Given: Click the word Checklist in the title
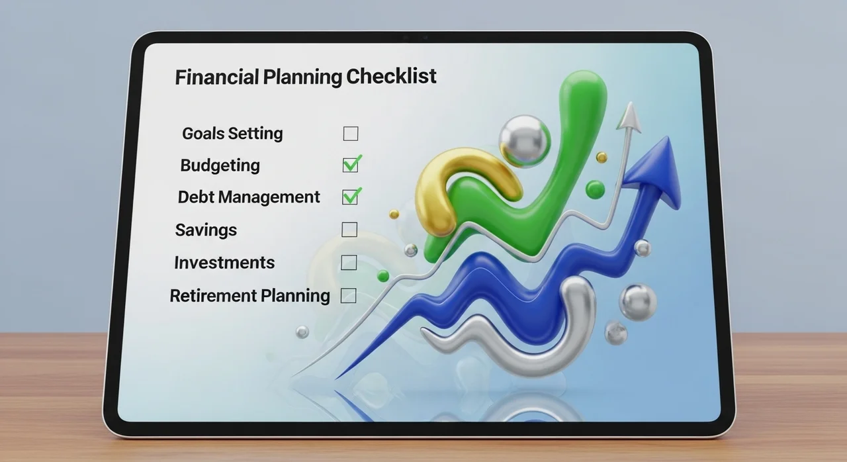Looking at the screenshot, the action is (x=391, y=76).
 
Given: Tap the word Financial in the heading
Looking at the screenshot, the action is (x=217, y=77).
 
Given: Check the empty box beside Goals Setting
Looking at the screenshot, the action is (x=351, y=134).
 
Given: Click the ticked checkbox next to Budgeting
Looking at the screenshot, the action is (x=351, y=164).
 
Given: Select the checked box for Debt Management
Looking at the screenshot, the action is (x=351, y=196).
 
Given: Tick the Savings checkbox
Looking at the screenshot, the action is (x=349, y=230).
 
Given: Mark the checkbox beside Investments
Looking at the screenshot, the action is (x=349, y=262).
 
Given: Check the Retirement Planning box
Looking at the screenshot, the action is (x=348, y=296).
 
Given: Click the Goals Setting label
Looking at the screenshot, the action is (x=232, y=134).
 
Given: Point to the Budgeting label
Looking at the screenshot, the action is (x=220, y=165).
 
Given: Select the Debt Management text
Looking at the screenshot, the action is (x=249, y=197).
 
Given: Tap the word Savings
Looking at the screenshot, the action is (x=206, y=230).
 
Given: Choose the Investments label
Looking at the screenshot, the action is (x=224, y=262).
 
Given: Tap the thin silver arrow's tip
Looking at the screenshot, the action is (x=630, y=102).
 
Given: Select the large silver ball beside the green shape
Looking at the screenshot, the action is (x=525, y=141).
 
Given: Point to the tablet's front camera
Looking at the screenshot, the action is (x=425, y=38).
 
